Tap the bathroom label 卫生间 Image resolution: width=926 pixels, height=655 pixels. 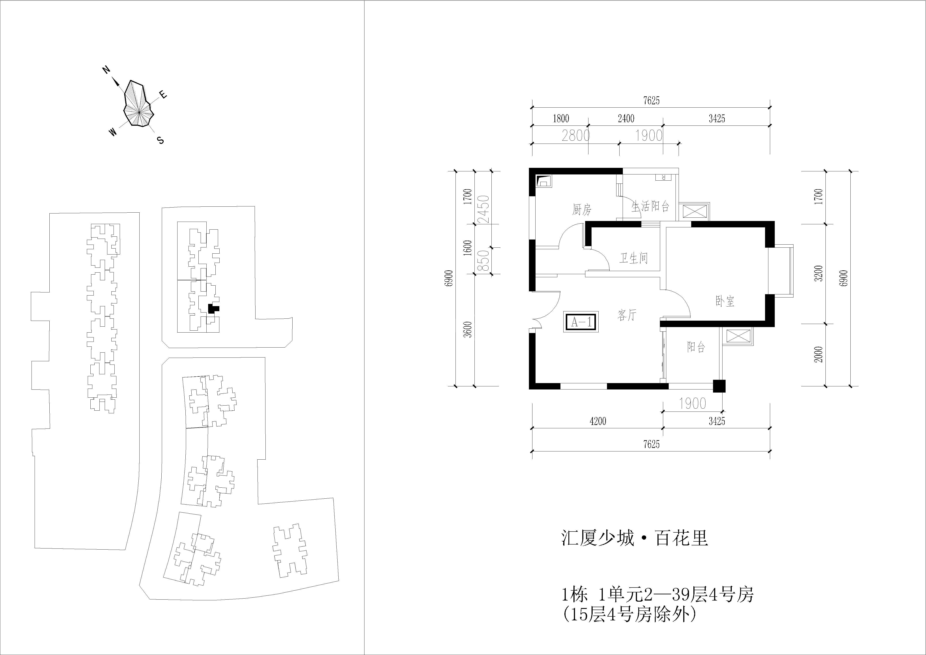pos(634,258)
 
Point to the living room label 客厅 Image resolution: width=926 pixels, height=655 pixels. pos(626,315)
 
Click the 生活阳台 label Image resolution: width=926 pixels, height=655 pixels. pos(650,206)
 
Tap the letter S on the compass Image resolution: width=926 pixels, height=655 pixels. pos(161,140)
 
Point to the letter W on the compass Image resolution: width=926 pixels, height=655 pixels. pos(113,132)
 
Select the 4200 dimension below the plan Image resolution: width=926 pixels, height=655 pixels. pos(598,421)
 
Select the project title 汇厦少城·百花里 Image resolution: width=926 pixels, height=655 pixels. pos(634,538)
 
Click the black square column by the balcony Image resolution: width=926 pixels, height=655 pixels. pos(719,386)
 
